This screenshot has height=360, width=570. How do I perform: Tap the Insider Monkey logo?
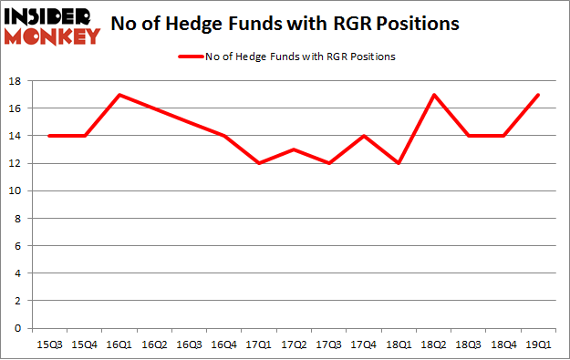point(51,26)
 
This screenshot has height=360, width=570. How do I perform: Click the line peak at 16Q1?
point(119,95)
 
